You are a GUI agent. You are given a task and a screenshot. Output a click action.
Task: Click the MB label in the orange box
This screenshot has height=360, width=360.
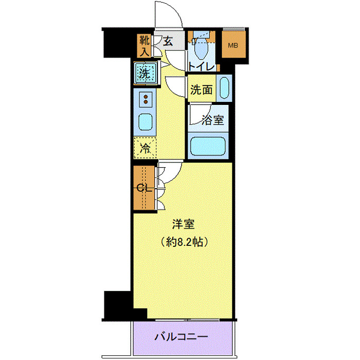pyautogui.click(x=234, y=45)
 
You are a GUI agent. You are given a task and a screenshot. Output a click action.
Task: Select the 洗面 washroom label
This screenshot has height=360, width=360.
pyautogui.click(x=201, y=89)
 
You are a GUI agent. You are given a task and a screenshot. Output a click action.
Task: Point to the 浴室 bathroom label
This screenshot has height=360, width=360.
pyautogui.click(x=213, y=120)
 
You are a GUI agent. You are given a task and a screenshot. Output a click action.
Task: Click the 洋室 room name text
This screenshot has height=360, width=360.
pyautogui.click(x=183, y=224)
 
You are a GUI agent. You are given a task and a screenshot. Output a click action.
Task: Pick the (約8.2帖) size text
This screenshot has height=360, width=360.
pyautogui.click(x=183, y=240)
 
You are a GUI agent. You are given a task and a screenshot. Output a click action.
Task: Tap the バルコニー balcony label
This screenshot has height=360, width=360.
pyautogui.click(x=182, y=338)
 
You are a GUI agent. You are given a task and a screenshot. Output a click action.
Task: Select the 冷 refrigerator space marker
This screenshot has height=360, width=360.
pyautogui.click(x=146, y=149)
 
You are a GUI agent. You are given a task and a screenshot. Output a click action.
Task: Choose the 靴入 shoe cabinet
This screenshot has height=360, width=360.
pyautogui.click(x=143, y=45)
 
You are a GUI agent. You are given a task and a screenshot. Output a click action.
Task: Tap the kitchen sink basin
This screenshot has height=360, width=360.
pyautogui.click(x=146, y=122)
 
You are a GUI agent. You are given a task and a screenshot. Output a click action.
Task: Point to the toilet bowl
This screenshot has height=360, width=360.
pyautogui.click(x=202, y=49)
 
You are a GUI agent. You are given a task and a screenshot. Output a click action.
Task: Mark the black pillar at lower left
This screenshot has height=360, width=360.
pyautogui.click(x=119, y=305)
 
